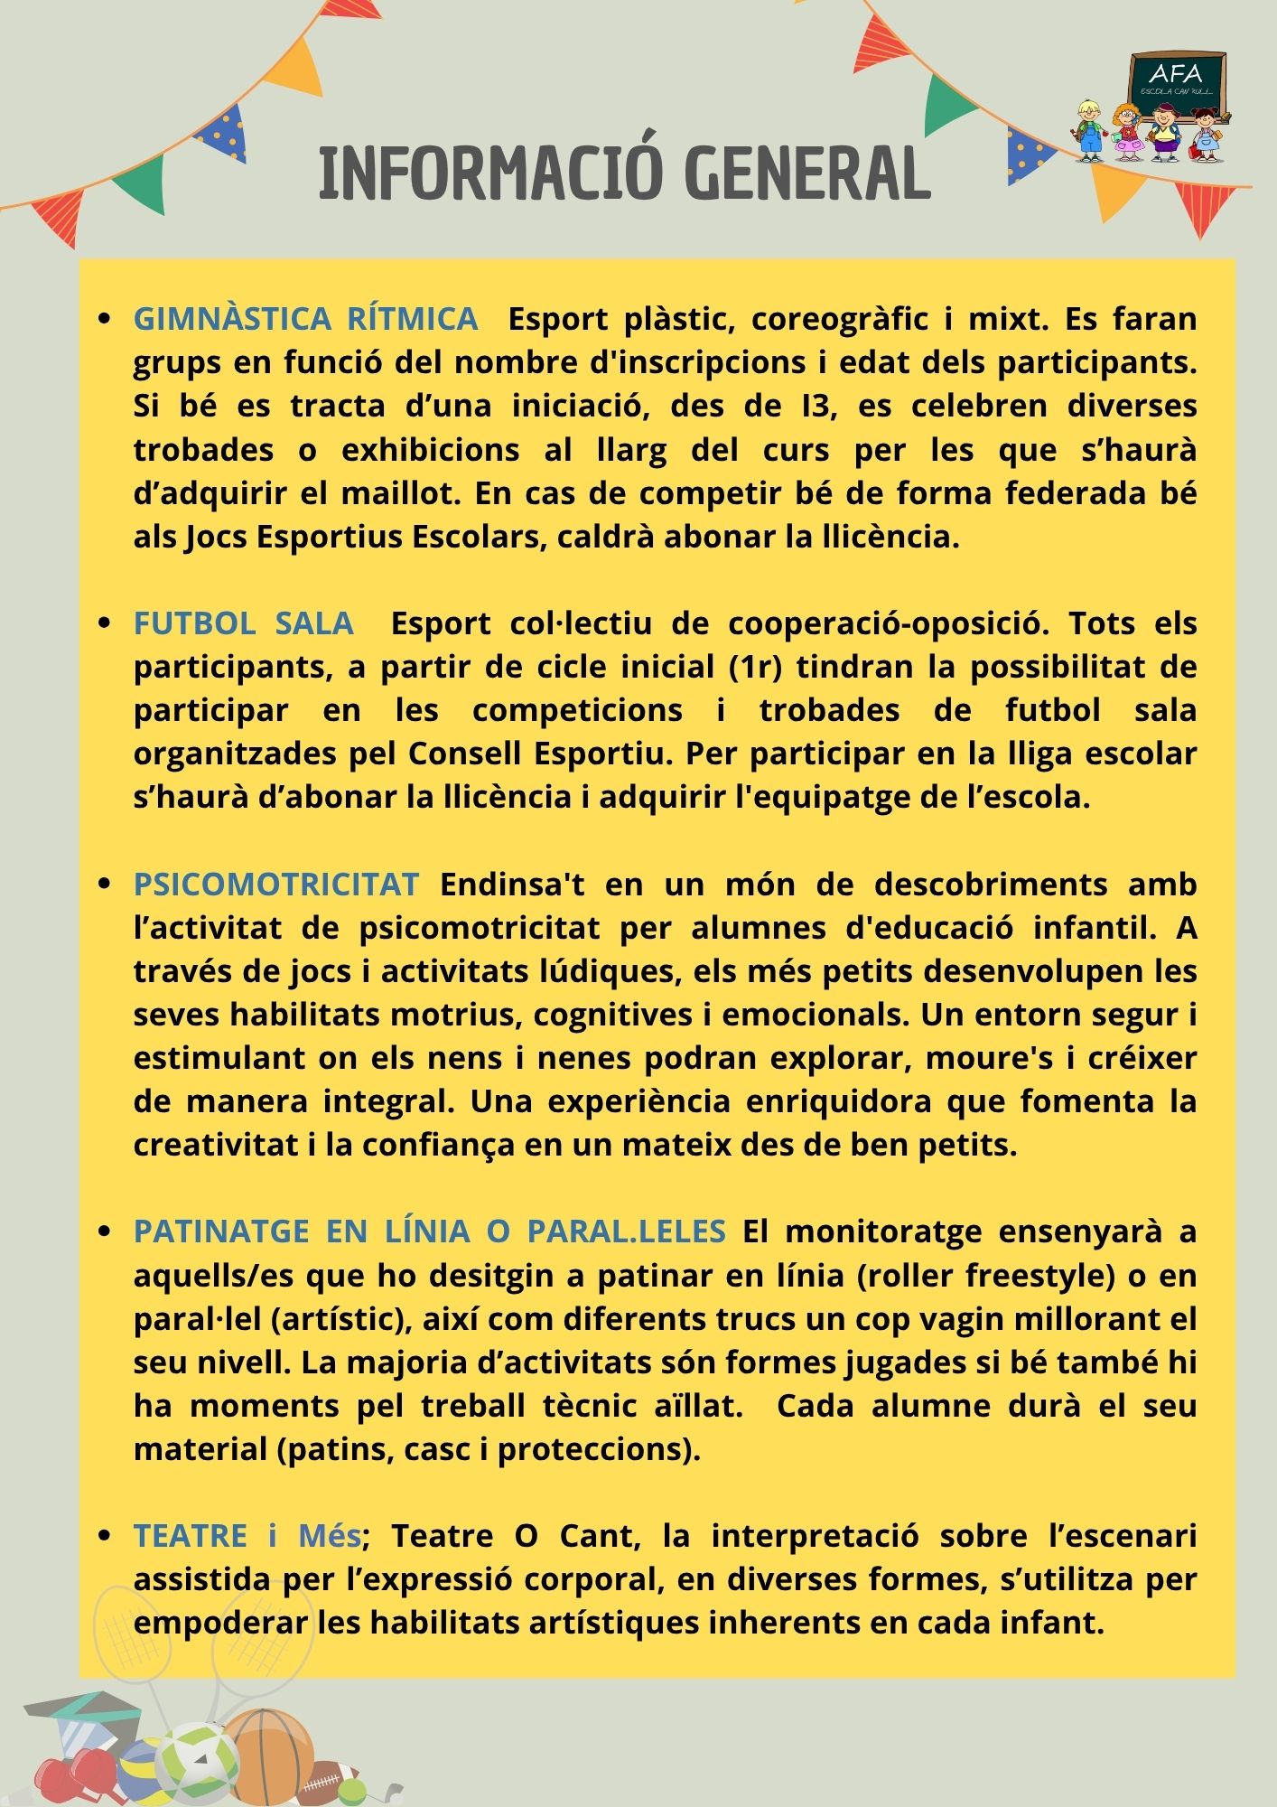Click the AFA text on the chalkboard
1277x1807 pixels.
tap(1176, 74)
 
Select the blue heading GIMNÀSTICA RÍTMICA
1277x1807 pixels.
tap(305, 319)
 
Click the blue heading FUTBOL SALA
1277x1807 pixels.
tap(243, 623)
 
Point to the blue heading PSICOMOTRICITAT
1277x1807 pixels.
tap(275, 884)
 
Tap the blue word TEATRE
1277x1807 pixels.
tap(190, 1536)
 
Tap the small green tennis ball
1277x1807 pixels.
tap(352, 1790)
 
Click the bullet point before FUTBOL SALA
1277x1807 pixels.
tap(105, 623)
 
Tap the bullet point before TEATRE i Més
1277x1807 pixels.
tap(105, 1536)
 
